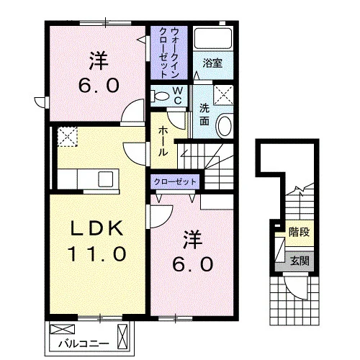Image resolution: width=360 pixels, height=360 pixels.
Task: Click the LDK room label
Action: point(96,228)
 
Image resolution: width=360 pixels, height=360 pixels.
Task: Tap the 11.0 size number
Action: point(96,254)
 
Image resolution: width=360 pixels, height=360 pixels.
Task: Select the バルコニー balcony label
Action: point(84,344)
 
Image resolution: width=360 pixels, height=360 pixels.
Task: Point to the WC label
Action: point(178,95)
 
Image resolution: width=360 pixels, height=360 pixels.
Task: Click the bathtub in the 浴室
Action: point(213,39)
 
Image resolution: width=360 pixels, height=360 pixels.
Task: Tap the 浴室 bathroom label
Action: point(212,63)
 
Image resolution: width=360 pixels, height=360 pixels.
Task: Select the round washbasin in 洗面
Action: point(225,126)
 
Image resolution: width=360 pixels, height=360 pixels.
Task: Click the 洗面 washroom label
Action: point(204,114)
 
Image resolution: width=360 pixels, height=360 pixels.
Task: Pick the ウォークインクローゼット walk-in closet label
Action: point(169,53)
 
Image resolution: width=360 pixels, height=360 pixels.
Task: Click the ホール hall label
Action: point(163,142)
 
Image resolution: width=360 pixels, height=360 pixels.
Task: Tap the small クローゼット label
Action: point(175,182)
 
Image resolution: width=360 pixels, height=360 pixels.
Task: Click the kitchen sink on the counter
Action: point(105,179)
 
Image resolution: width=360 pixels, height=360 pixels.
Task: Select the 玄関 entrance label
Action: point(300,261)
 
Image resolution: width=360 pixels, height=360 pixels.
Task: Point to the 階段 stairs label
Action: point(299,232)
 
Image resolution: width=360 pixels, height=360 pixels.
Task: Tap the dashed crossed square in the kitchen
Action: point(68,136)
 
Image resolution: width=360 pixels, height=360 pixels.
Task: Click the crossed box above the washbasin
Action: point(223,95)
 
